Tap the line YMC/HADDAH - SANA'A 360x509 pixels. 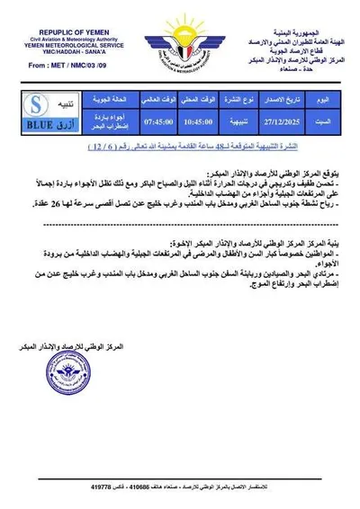59,44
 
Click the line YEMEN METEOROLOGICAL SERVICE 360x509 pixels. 59,35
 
